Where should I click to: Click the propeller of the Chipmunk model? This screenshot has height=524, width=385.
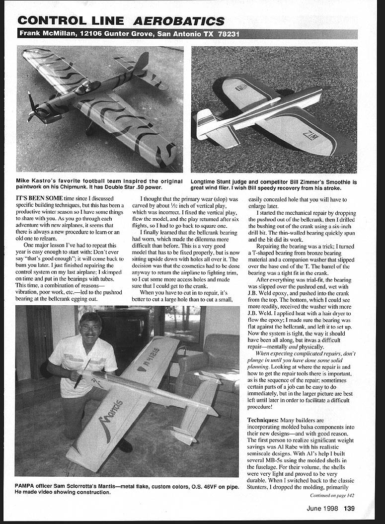pos(34,107)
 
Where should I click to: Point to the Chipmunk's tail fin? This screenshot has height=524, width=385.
pos(142,62)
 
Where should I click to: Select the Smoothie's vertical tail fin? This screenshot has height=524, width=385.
pos(204,122)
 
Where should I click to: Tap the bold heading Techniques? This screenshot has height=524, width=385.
pos(266,420)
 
